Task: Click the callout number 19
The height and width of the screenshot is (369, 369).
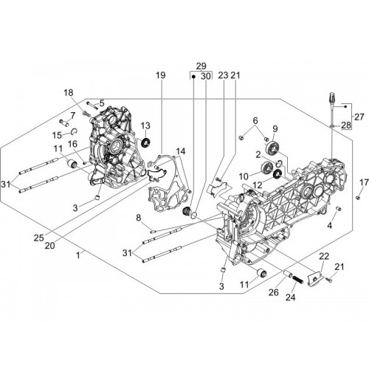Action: [161, 75]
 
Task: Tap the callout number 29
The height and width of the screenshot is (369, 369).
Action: [201, 66]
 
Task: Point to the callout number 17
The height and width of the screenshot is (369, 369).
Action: [364, 182]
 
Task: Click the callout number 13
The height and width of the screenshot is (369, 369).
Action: [145, 125]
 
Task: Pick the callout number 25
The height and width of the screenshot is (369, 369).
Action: [39, 238]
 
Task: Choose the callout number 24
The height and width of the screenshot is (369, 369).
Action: [290, 297]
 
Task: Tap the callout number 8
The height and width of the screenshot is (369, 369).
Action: [139, 218]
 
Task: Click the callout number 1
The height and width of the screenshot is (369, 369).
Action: [78, 256]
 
